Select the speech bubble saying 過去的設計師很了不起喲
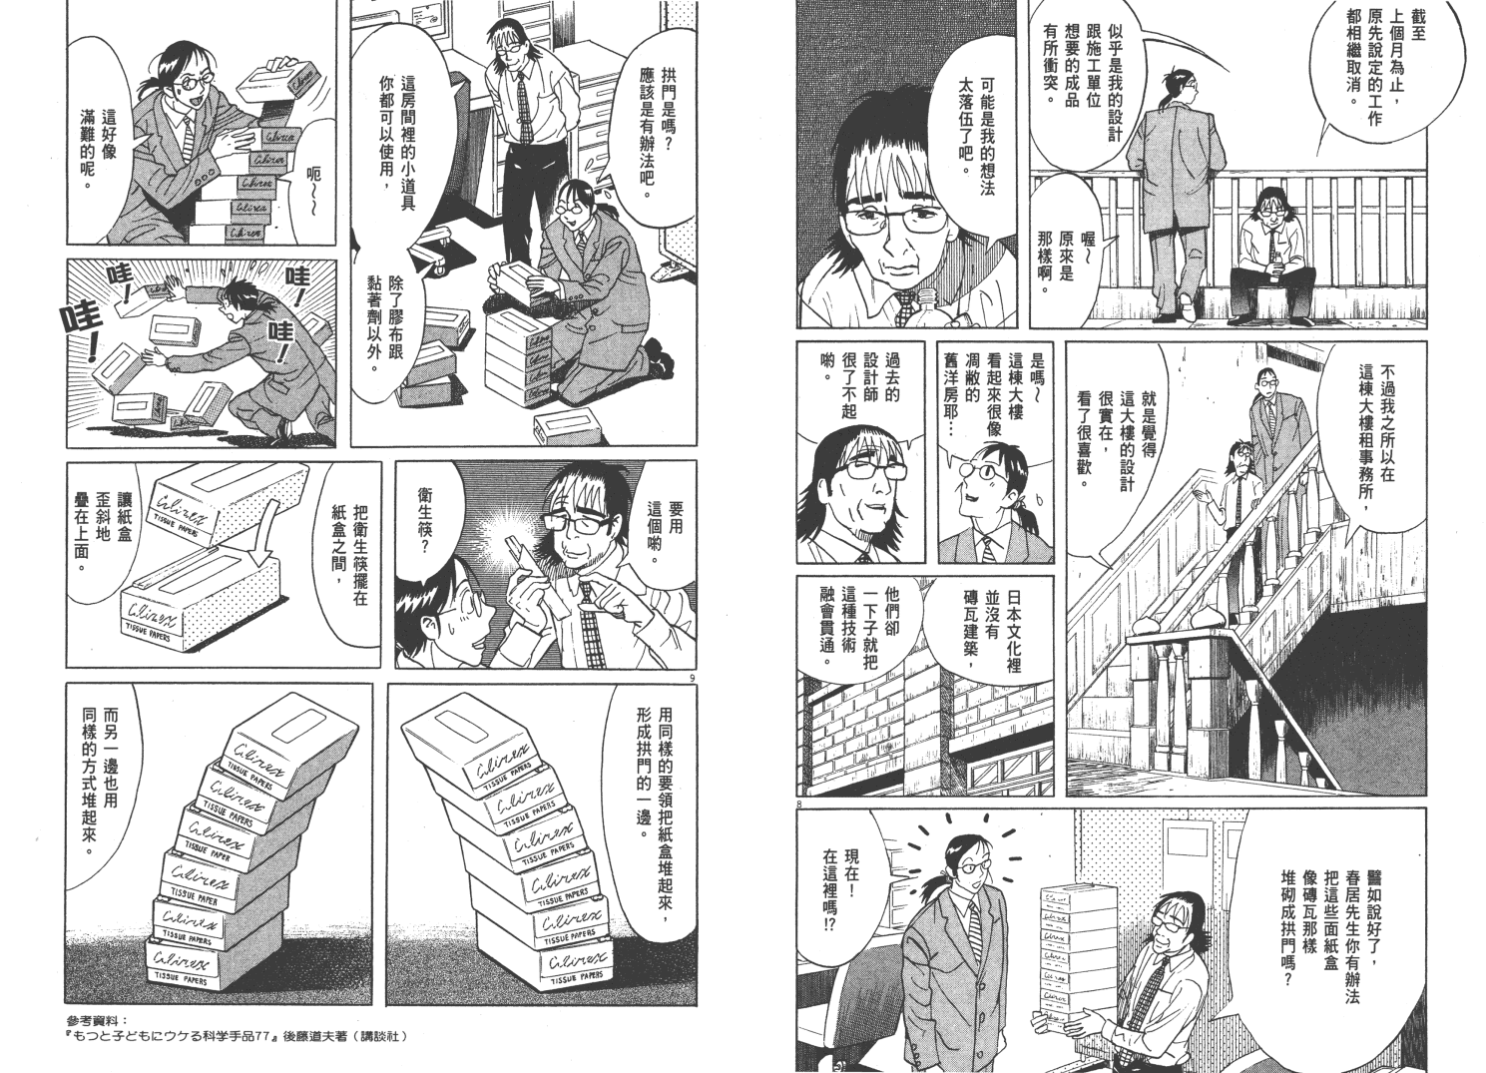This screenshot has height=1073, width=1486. (x=848, y=388)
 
